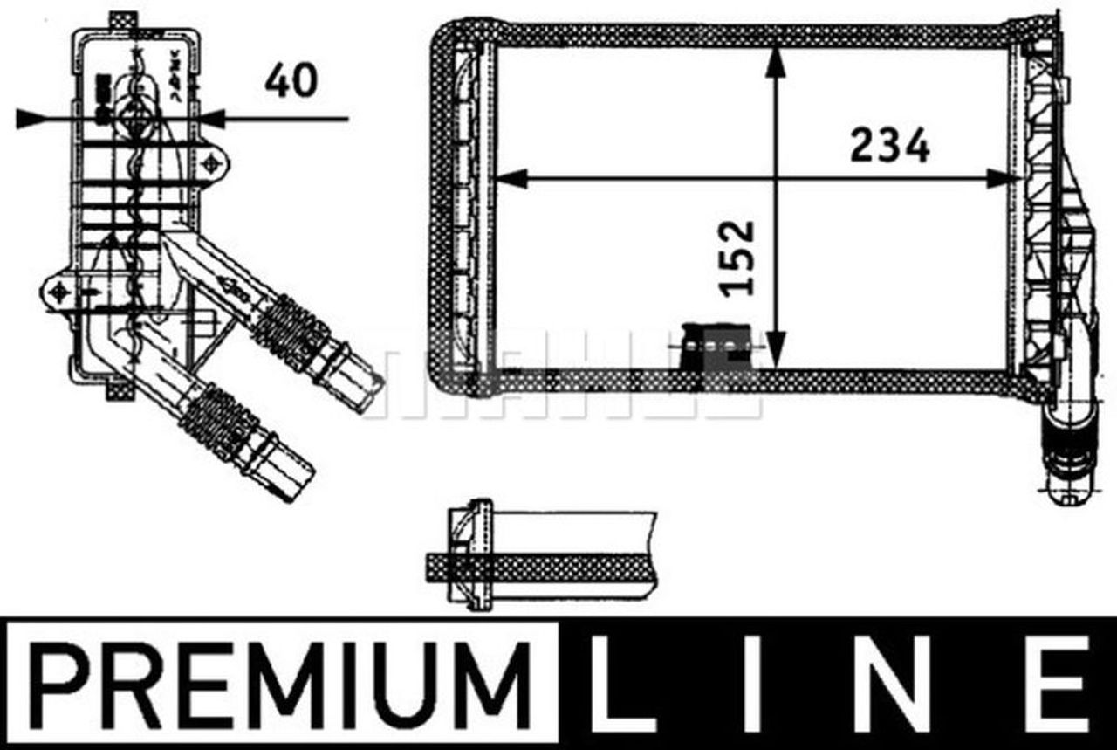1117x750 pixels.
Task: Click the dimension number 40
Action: (291, 81)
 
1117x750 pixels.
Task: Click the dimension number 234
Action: (889, 145)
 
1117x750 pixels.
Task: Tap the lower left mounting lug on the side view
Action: (59, 292)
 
